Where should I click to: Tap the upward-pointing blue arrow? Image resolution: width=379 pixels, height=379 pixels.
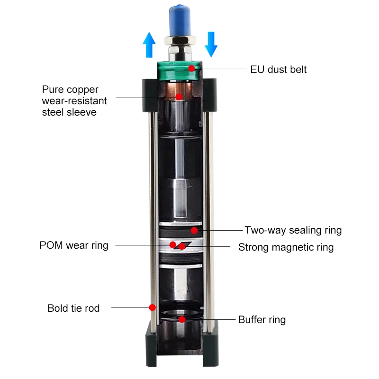click(149, 45)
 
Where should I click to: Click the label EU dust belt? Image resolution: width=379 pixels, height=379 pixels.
click(279, 70)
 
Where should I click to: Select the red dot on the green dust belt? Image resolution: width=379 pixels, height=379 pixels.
click(191, 68)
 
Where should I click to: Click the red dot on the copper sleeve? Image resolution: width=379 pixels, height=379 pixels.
click(179, 97)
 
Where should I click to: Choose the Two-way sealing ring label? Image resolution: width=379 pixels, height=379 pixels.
click(293, 230)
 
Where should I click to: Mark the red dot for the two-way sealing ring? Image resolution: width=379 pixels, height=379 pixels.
click(194, 230)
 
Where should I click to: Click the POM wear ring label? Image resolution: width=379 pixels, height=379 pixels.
click(74, 245)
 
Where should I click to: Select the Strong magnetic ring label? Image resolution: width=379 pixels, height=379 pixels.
click(286, 247)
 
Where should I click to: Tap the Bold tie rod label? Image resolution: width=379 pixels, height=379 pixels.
click(73, 308)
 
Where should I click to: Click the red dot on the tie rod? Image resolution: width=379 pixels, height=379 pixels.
click(153, 307)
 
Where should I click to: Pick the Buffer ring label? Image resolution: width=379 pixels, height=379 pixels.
click(262, 320)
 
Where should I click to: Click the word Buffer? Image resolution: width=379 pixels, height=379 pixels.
click(252, 320)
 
